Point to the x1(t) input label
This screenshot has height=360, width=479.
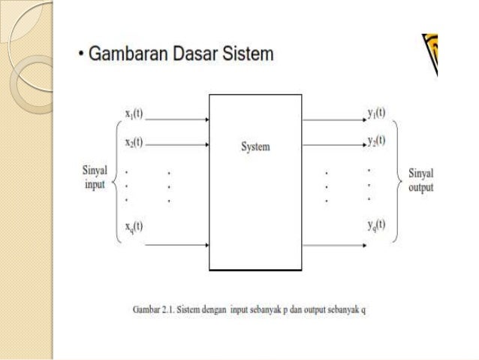134,114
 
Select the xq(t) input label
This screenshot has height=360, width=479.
134,225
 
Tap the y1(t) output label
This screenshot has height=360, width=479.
376,113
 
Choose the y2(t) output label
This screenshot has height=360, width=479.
376,141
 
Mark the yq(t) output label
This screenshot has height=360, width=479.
376,225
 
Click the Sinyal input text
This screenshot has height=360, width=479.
95,178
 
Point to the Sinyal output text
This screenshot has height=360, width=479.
420,180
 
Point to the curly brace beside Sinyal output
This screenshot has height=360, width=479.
398,180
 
